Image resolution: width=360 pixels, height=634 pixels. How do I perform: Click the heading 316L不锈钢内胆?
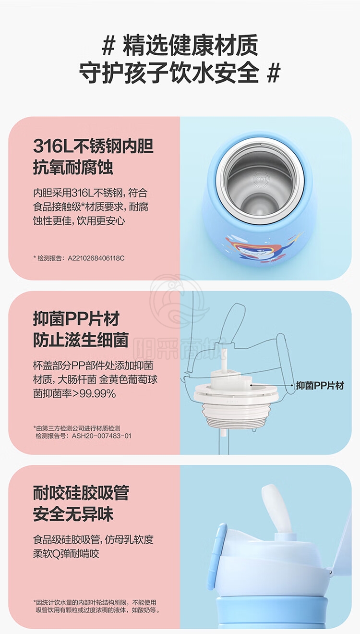point(93,146)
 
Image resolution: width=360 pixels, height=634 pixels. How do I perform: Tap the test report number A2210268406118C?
point(96,258)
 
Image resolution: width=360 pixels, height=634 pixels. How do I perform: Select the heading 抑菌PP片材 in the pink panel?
point(76,319)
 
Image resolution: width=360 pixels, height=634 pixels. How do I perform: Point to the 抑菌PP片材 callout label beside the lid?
point(320,386)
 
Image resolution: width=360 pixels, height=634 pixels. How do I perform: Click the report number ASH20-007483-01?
point(102,436)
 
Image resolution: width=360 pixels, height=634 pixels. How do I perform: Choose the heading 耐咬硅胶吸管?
point(81,493)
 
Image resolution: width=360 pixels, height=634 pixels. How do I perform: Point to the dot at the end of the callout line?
point(293,385)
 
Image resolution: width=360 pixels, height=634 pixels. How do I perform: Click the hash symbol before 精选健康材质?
point(108,46)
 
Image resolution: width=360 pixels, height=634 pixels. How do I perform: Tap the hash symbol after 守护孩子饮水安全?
point(274,73)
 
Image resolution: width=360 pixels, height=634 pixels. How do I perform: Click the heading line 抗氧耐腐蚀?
point(73,168)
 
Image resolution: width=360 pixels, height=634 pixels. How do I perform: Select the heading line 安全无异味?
point(73,514)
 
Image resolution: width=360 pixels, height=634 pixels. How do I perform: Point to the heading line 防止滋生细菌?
point(81,340)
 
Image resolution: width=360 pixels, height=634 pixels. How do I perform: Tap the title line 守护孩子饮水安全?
point(168,73)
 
